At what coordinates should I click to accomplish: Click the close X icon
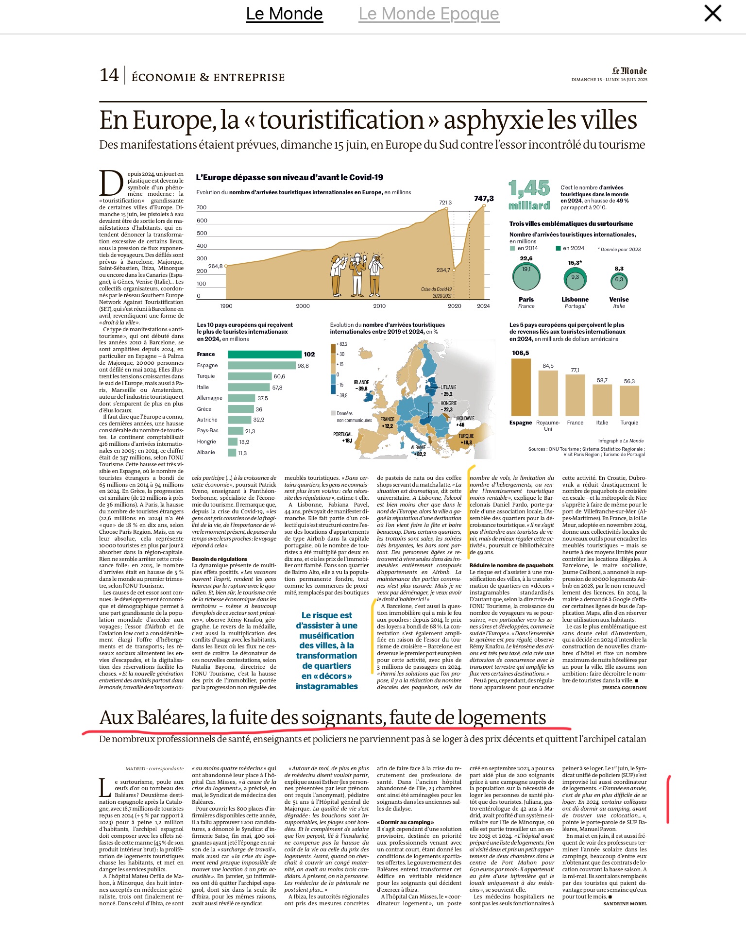pos(712,14)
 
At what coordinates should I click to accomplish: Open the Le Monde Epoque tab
pos(428,14)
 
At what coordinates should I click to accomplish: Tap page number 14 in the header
pos(109,75)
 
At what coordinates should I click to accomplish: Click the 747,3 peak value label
pos(484,198)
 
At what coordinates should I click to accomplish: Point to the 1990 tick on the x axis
pos(226,306)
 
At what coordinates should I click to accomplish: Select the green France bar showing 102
pos(265,355)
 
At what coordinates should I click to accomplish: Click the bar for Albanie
pos(232,453)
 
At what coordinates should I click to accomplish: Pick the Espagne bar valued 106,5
pos(521,388)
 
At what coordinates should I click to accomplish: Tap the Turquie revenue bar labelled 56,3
pos(629,401)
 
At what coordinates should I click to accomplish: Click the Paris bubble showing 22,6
pos(526,275)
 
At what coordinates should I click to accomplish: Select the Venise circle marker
pos(619,280)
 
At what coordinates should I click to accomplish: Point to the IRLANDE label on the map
pos(361,383)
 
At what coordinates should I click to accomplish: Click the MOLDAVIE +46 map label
pos(465,421)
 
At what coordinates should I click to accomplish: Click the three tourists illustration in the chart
pos(357,274)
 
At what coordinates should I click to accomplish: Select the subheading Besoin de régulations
pos(220,559)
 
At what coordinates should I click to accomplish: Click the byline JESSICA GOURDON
pos(624,687)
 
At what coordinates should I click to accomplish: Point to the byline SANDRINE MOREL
pos(625,904)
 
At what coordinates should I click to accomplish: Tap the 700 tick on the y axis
pos(202,207)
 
